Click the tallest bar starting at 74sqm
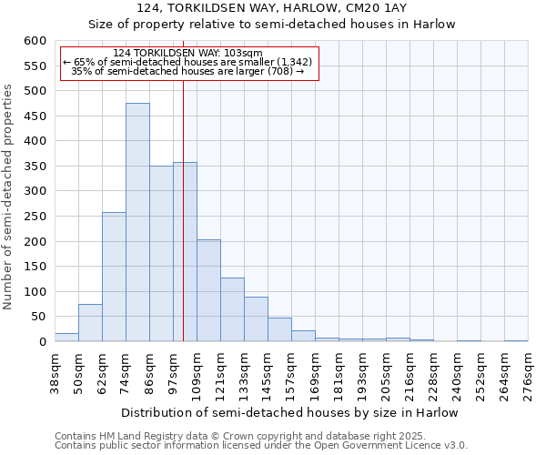click(137, 223)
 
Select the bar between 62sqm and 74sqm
click(114, 278)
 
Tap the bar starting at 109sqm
click(208, 291)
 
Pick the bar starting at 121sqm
click(232, 310)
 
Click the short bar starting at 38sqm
click(66, 338)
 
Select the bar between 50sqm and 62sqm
click(90, 323)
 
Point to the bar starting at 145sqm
click(279, 330)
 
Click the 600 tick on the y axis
click(35, 41)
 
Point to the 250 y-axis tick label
click(35, 217)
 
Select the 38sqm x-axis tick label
click(55, 373)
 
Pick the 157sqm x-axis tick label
click(291, 376)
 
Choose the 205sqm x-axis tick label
click(386, 376)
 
